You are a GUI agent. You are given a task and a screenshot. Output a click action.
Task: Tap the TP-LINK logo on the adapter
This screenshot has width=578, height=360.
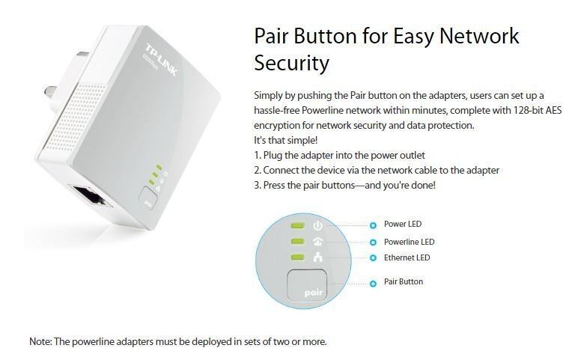(x=161, y=61)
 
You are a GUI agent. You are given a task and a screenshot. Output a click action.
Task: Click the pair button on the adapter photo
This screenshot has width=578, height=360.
(x=148, y=198)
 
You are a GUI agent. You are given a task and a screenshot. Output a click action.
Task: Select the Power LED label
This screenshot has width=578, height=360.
(x=403, y=224)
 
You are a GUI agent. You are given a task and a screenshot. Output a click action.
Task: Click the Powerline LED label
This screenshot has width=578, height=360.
(x=410, y=242)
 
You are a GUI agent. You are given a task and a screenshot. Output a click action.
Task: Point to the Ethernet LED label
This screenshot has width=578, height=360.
(x=407, y=257)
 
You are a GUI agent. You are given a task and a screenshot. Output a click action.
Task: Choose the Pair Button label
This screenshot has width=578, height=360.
(x=404, y=281)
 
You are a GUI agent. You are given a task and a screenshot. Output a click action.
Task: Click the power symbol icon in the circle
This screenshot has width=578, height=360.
(x=317, y=225)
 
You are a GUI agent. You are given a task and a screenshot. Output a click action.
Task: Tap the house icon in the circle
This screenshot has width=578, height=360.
(x=317, y=241)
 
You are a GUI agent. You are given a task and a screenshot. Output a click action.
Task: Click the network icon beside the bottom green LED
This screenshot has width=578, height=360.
(x=317, y=257)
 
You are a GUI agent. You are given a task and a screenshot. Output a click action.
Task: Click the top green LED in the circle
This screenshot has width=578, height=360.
(x=297, y=225)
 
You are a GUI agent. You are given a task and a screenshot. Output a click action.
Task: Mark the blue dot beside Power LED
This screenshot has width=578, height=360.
(x=373, y=225)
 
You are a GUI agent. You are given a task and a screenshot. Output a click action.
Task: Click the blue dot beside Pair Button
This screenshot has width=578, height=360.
(x=373, y=284)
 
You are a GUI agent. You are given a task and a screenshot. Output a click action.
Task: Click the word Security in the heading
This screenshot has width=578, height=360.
(x=291, y=64)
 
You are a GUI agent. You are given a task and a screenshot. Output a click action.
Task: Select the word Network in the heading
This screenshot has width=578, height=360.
(x=479, y=36)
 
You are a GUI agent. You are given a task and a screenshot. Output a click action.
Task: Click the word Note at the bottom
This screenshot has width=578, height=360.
(x=40, y=341)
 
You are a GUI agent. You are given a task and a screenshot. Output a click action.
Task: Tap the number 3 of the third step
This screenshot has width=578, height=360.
(x=257, y=186)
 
